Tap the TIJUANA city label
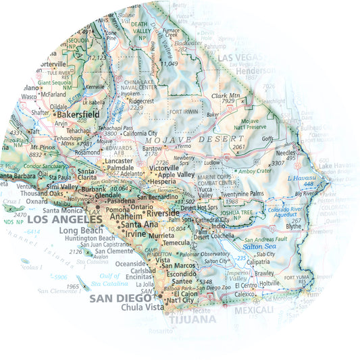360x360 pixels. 192,319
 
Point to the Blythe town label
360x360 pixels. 294,226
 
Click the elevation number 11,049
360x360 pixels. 169,63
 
